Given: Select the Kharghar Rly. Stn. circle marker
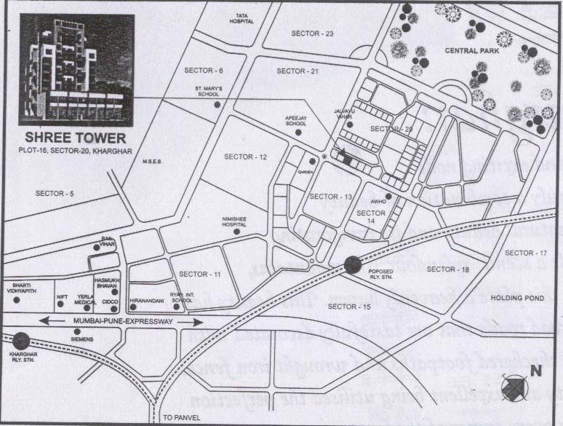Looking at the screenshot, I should pyautogui.click(x=21, y=340).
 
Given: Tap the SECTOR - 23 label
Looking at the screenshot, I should pyautogui.click(x=311, y=33).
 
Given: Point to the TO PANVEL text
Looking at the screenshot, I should pyautogui.click(x=179, y=419).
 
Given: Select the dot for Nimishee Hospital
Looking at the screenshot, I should pyautogui.click(x=236, y=232).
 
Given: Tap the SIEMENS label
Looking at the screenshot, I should pyautogui.click(x=81, y=338).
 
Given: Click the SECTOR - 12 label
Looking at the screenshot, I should pyautogui.click(x=245, y=157).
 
